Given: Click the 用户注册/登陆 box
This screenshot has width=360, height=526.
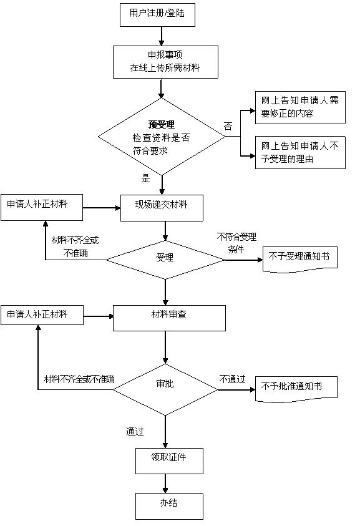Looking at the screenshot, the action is click(x=157, y=14).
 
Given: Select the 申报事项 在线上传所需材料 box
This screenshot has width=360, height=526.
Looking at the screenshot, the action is click(x=165, y=62).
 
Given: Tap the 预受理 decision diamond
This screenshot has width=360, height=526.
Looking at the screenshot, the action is click(x=162, y=137).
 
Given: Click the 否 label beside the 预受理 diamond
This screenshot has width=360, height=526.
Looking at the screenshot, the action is click(x=228, y=127).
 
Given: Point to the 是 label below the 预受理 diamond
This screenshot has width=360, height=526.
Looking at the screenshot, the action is click(x=145, y=178).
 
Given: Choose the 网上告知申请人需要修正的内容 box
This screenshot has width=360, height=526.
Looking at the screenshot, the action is click(x=300, y=107).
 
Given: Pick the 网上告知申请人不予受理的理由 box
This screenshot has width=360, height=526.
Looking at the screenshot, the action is click(x=300, y=152).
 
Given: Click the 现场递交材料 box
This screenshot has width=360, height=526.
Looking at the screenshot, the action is click(x=162, y=208).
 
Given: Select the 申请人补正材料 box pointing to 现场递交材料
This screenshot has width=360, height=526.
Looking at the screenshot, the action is click(x=42, y=207).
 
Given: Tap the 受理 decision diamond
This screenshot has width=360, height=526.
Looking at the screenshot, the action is click(x=165, y=260).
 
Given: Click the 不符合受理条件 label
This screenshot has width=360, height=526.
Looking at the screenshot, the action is click(x=236, y=243).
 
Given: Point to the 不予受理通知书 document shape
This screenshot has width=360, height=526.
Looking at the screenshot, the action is click(x=299, y=260).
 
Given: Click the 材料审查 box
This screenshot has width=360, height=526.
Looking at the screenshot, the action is click(x=169, y=318).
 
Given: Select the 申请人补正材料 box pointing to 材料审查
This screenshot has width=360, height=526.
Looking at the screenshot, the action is click(x=42, y=315).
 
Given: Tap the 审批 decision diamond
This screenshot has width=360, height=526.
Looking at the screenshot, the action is click(x=165, y=389).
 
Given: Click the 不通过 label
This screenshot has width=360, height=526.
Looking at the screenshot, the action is click(x=232, y=379).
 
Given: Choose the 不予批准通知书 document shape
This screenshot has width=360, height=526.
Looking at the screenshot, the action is click(x=296, y=389).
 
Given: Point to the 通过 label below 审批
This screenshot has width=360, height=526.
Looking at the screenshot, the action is click(x=135, y=431).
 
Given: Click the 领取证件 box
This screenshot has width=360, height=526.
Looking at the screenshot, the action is click(x=169, y=460).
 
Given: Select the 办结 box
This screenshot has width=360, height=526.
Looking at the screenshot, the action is click(x=169, y=506).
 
